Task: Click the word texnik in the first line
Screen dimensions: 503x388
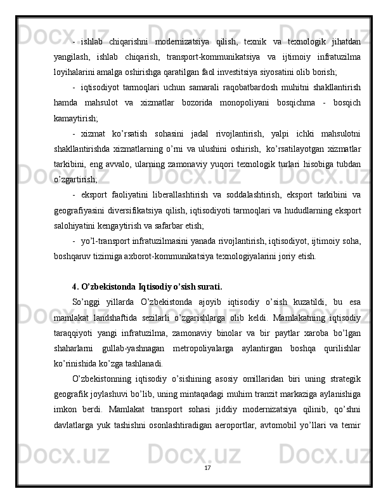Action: point(255,42)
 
